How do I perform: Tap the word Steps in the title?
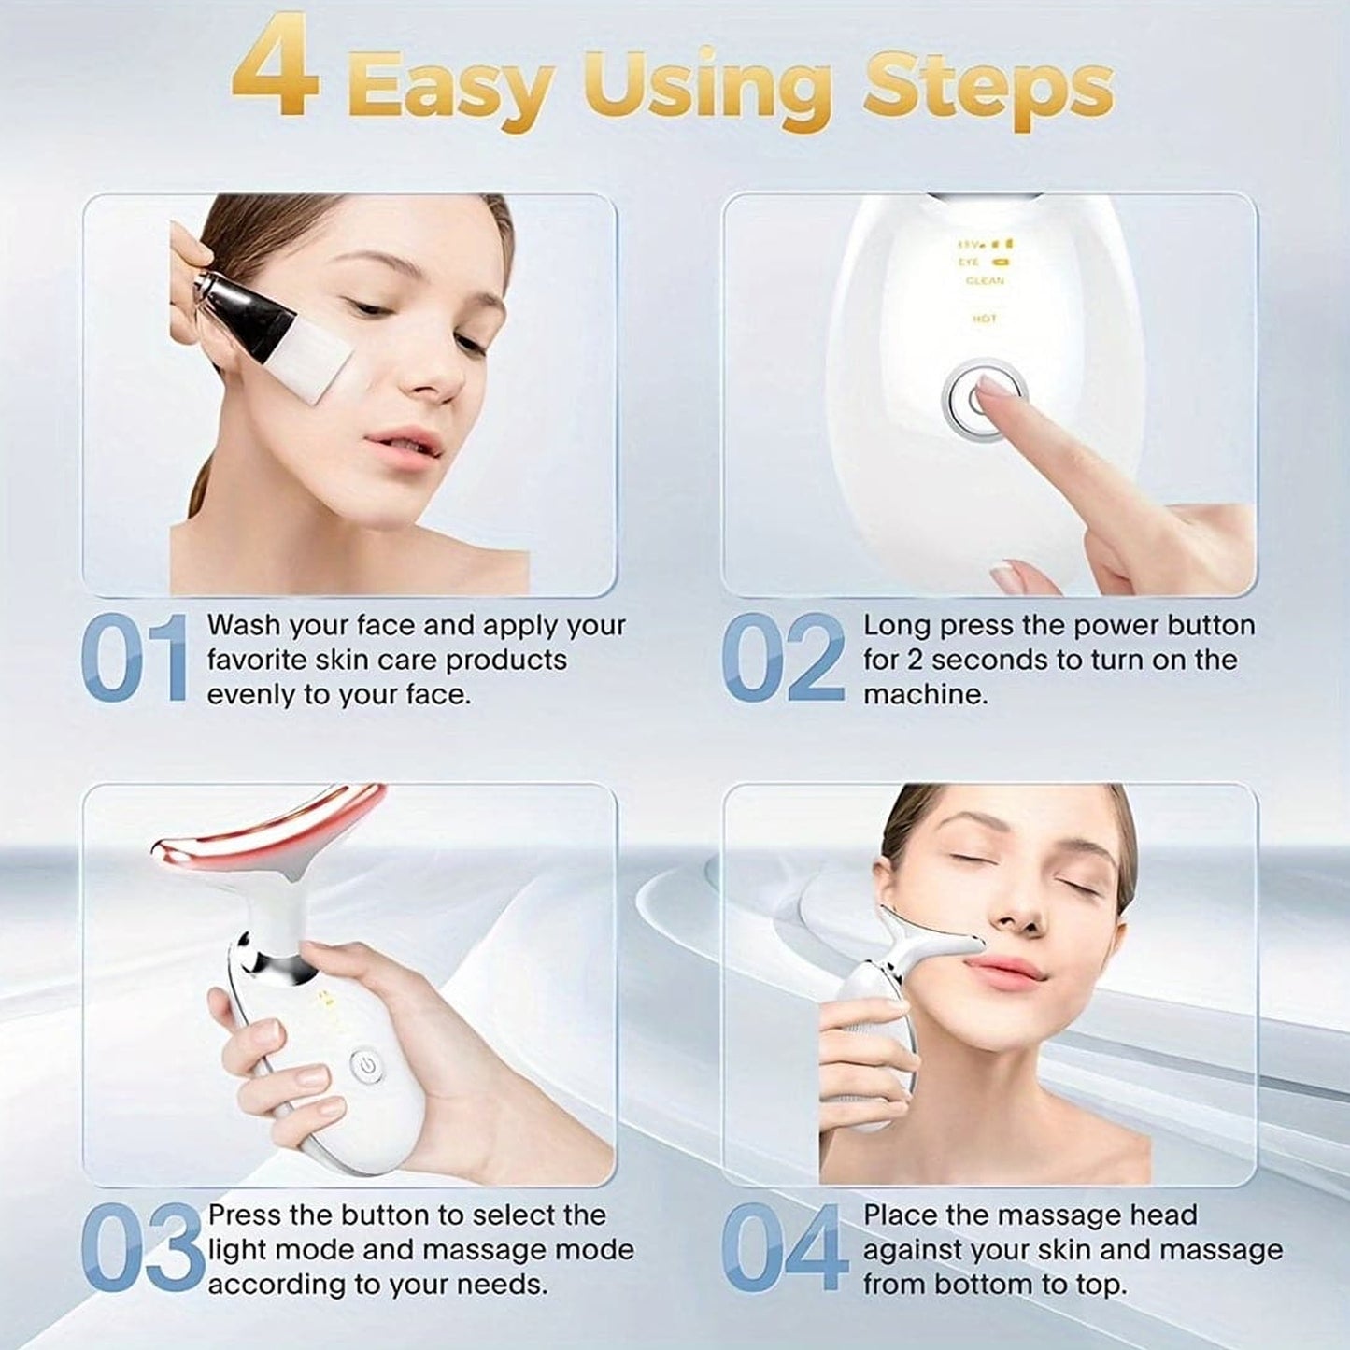click(988, 88)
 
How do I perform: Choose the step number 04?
click(785, 1247)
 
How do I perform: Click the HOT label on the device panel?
click(985, 319)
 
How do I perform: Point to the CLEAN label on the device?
click(985, 280)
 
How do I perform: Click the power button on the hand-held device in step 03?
click(365, 1065)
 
